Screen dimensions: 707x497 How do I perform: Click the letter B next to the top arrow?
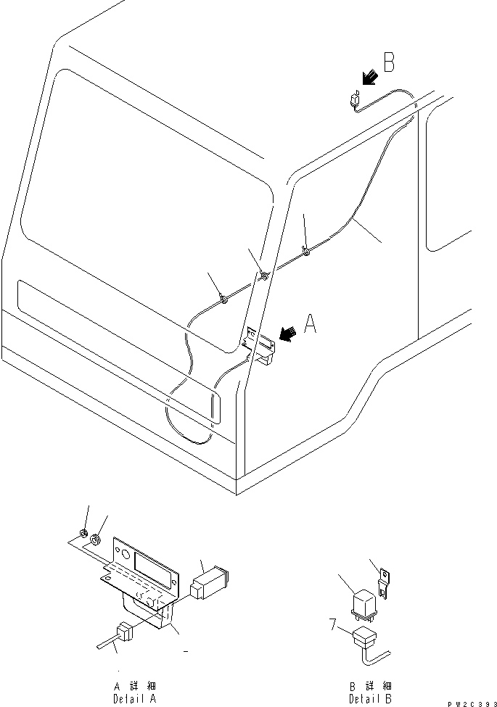coord(389,64)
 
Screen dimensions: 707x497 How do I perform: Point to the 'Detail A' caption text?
coord(134,692)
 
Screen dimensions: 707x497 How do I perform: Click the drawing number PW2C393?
coord(468,703)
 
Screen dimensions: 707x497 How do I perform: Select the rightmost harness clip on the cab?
coord(308,252)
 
